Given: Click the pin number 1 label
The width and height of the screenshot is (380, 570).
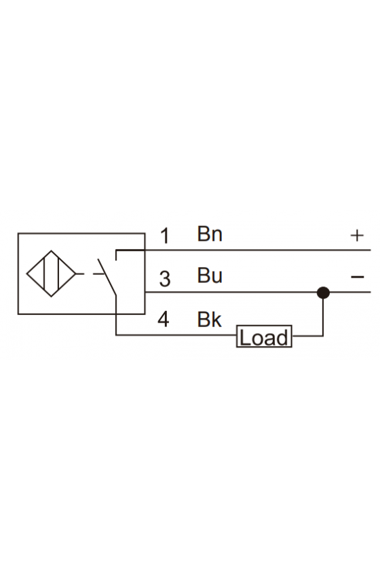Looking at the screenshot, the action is point(165,236).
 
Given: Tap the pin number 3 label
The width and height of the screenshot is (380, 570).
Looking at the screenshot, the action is point(165,279).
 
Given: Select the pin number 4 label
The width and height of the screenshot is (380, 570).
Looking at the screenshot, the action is point(164,319).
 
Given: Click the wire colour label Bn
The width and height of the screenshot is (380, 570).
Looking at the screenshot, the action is point(210,233).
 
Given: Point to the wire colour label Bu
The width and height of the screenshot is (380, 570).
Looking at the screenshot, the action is point(210,275).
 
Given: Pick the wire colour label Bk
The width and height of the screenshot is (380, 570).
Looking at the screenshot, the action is point(210,319).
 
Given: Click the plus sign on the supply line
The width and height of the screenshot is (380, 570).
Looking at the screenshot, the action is point(357,235).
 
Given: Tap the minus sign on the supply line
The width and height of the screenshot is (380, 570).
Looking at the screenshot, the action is point(358,278).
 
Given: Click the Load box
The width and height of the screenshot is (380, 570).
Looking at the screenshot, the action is point(264,337).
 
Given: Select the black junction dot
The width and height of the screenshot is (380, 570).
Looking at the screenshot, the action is point(323,292).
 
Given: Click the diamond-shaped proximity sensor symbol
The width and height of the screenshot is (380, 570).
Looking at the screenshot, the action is point(52,273).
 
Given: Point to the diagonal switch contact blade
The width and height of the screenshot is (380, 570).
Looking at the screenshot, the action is point(107,277).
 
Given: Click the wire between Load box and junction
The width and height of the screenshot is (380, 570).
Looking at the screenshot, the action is point(307,335).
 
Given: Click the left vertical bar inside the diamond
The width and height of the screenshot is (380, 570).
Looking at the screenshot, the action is point(44,273).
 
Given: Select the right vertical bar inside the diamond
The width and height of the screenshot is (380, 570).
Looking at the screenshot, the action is point(58,273).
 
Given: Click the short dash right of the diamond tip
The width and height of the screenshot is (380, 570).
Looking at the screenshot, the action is point(80,273).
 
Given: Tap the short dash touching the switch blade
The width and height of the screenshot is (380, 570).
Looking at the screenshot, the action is point(99,273).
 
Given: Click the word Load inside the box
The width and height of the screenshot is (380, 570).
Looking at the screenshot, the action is point(264,338).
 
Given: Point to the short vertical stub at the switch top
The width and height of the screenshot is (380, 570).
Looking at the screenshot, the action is point(116,255).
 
